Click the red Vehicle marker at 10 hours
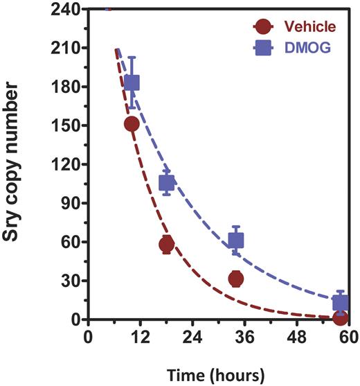132,124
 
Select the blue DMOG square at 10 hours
132,82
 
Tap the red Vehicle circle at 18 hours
166,245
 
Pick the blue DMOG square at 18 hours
167,183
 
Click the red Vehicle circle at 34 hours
236,279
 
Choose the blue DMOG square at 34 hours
236,240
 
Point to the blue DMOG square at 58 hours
340,303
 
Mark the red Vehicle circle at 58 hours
340,318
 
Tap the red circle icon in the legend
264,27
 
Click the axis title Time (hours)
219,375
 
